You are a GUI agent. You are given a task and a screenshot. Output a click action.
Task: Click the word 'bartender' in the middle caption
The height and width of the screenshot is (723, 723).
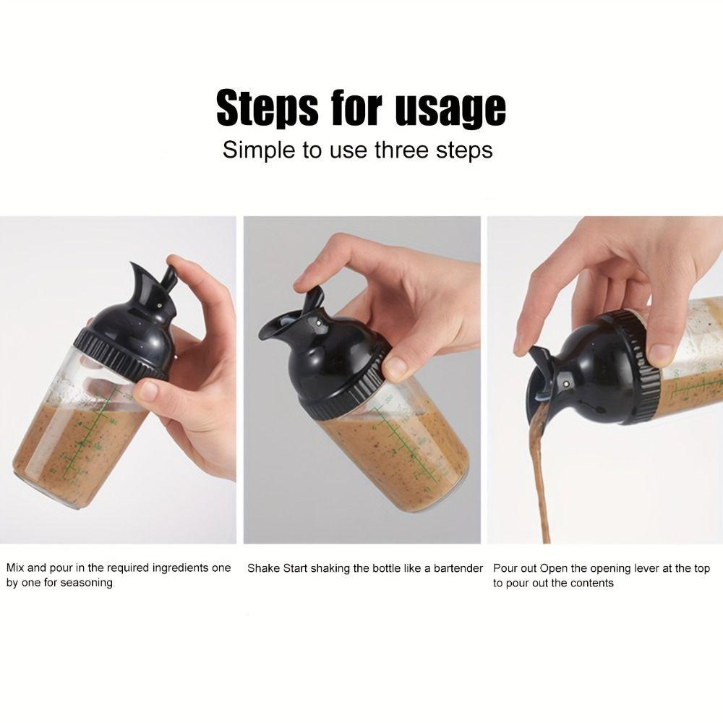[453, 568]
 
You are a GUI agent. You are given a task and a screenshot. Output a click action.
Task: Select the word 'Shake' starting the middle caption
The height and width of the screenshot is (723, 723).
[263, 568]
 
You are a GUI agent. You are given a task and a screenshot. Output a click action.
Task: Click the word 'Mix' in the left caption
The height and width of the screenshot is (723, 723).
[16, 568]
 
